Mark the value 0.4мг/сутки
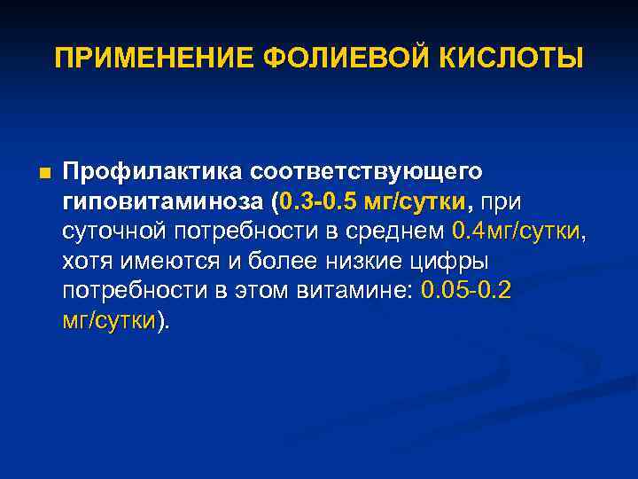[x=517, y=232]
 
